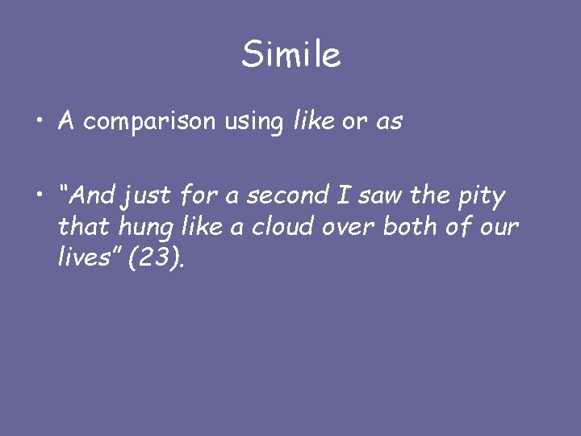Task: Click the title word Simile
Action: pos(290,55)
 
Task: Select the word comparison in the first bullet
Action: pos(149,122)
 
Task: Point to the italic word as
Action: pos(388,123)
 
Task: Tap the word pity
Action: pos(483,196)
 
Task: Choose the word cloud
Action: pos(286,227)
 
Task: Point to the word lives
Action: pos(84,258)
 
